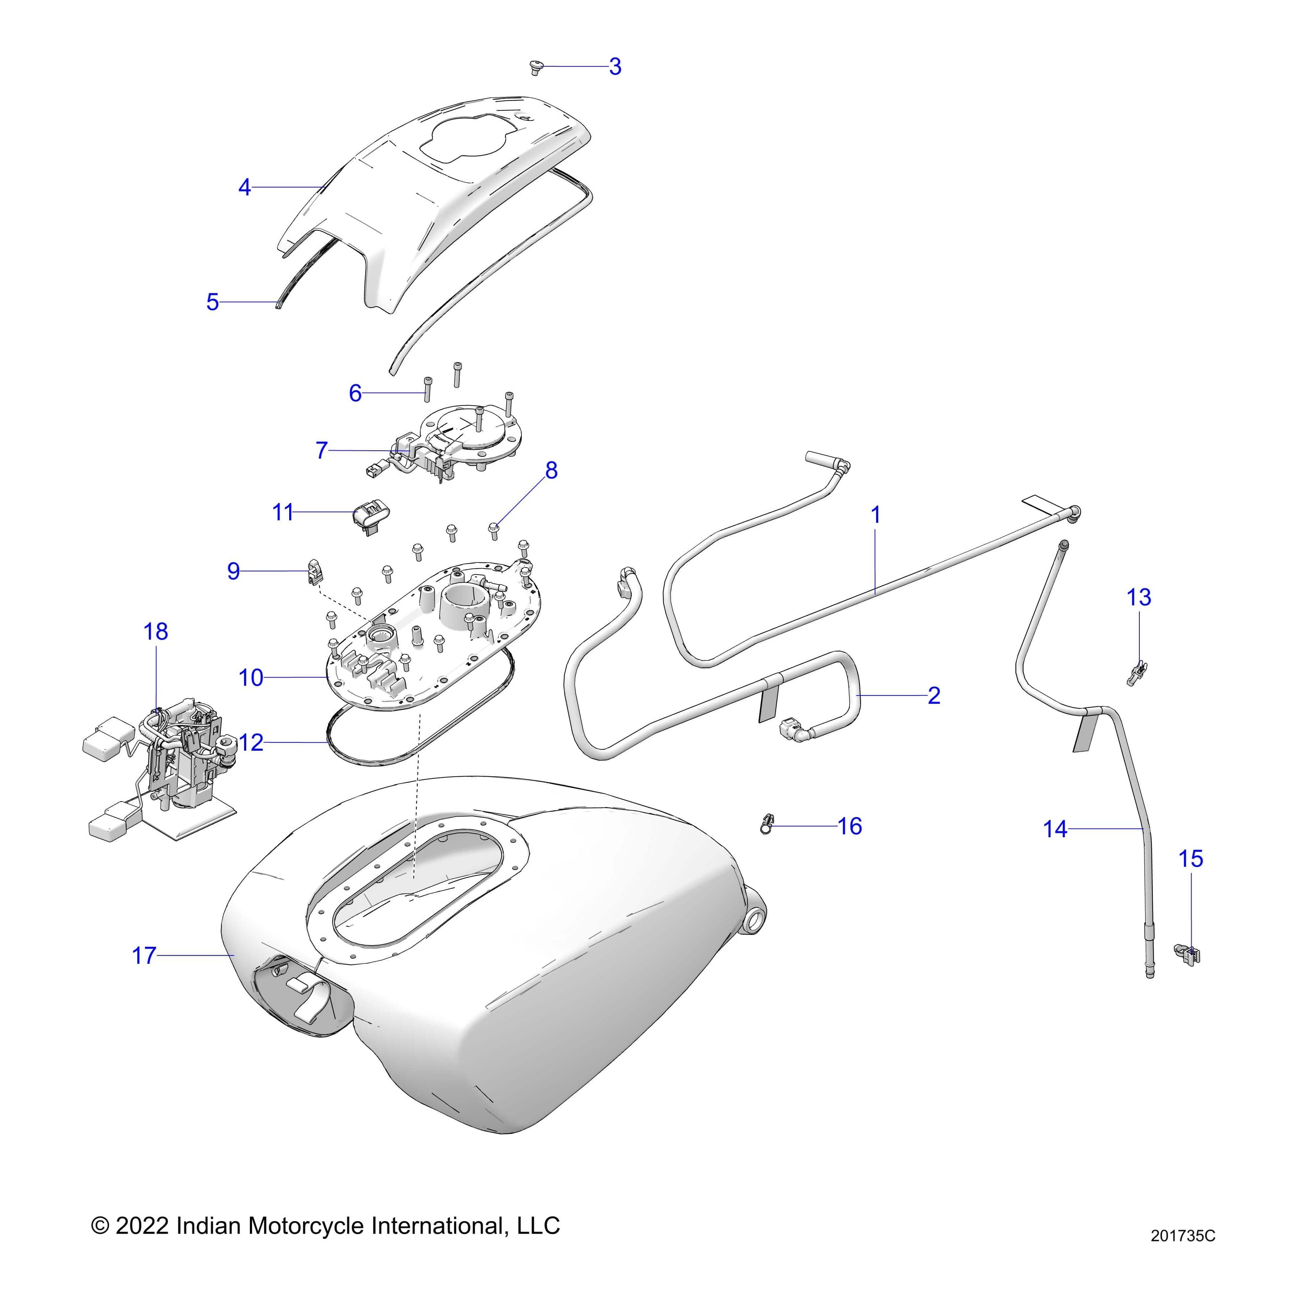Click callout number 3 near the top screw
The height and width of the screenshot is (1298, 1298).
coord(615,66)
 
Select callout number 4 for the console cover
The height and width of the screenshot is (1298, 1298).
coord(244,187)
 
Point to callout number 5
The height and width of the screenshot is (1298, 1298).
coord(212,303)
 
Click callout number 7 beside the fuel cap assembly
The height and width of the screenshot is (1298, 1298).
coord(322,450)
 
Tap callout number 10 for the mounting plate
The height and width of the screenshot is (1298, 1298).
coord(251,678)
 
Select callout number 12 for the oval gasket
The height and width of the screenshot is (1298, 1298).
coord(251,742)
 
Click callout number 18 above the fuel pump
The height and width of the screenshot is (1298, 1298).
coord(156,632)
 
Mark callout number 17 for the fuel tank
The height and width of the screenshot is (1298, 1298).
coord(144,955)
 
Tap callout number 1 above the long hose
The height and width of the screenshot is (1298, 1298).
coord(875,515)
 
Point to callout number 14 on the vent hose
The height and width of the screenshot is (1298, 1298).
coord(1055,829)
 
